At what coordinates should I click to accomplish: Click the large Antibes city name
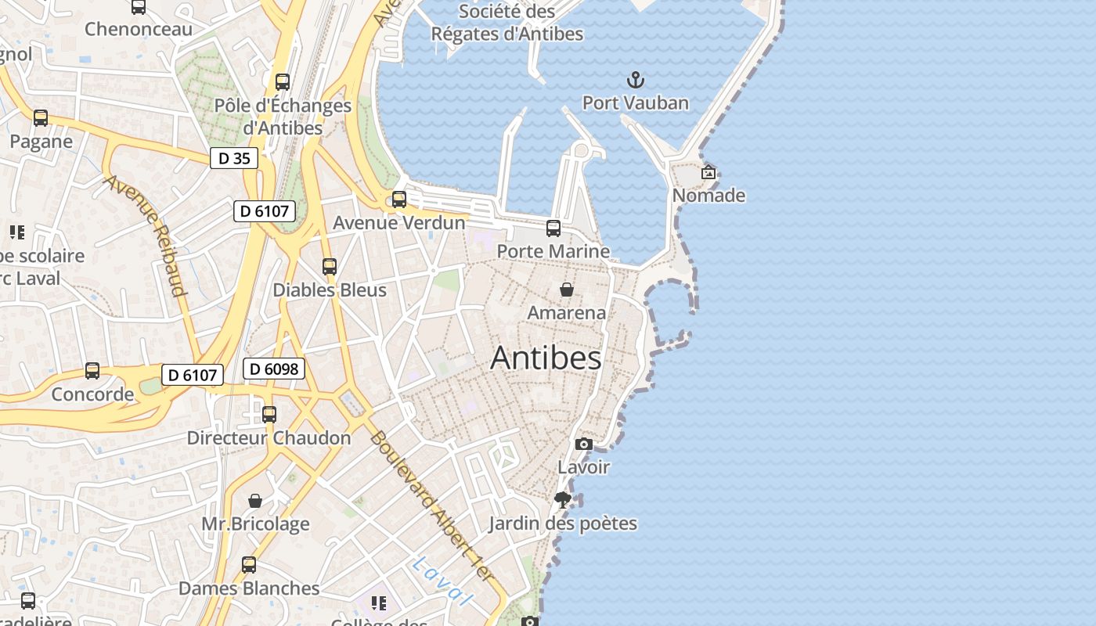pyautogui.click(x=546, y=358)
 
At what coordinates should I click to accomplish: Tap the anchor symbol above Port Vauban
pyautogui.click(x=636, y=79)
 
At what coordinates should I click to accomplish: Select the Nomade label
pyautogui.click(x=708, y=195)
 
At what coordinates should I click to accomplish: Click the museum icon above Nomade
pyautogui.click(x=708, y=172)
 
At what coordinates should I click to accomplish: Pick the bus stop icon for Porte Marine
pyautogui.click(x=553, y=228)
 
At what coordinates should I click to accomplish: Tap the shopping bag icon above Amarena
pyautogui.click(x=567, y=290)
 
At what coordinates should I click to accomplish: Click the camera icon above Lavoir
pyautogui.click(x=583, y=444)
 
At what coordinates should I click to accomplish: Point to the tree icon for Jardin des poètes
pyautogui.click(x=562, y=499)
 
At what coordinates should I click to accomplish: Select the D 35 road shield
pyautogui.click(x=234, y=158)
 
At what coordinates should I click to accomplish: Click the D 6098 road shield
pyautogui.click(x=273, y=368)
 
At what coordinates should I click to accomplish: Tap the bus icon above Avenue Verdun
pyautogui.click(x=399, y=200)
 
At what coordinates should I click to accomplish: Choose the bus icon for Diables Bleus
pyautogui.click(x=330, y=267)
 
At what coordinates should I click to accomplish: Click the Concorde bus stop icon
pyautogui.click(x=92, y=371)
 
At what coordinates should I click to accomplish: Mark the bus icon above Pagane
pyautogui.click(x=41, y=118)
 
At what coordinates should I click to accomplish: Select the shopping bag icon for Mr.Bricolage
pyautogui.click(x=255, y=501)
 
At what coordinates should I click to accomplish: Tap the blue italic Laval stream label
pyautogui.click(x=443, y=581)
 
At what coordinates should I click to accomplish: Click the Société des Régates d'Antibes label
pyautogui.click(x=507, y=23)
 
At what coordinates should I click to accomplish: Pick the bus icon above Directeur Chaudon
pyautogui.click(x=269, y=414)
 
